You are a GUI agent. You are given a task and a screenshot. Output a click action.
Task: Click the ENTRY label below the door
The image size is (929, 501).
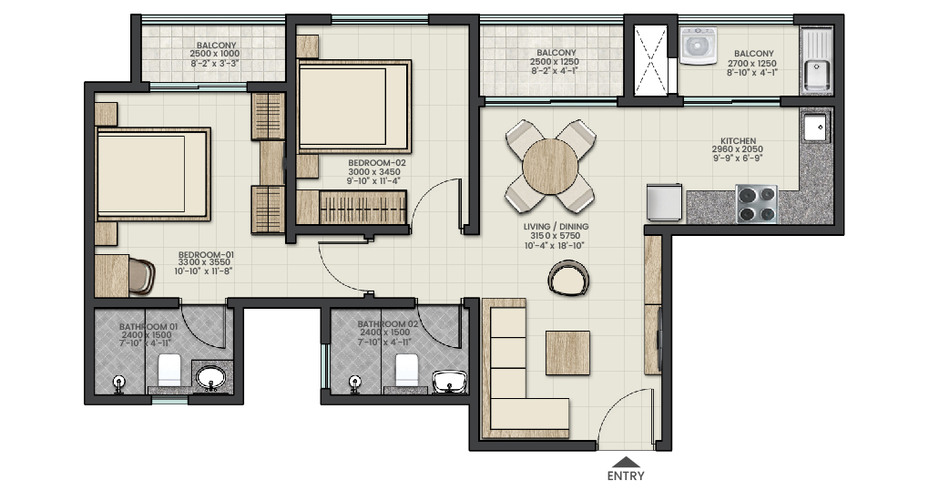(x=626, y=475)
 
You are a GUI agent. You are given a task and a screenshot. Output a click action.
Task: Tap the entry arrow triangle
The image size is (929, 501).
(x=626, y=463)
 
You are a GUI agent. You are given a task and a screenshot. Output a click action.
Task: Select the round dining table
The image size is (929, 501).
(x=550, y=167)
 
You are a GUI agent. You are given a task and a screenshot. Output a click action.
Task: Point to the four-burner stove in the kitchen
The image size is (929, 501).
(x=756, y=204)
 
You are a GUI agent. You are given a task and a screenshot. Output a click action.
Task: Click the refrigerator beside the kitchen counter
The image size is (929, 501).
(x=664, y=202)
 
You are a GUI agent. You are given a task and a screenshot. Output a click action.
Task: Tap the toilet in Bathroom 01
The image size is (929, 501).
(x=169, y=371)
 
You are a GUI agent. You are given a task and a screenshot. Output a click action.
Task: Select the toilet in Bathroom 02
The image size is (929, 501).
(x=406, y=370)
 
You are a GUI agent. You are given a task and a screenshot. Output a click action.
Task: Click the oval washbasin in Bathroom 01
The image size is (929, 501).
(x=211, y=377)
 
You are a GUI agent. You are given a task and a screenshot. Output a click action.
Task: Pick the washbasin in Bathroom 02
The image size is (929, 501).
(x=450, y=382)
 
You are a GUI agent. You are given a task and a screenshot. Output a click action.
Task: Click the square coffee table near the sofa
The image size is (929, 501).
(x=567, y=353)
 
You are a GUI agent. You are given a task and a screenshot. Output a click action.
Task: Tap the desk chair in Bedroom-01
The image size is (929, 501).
(x=141, y=276)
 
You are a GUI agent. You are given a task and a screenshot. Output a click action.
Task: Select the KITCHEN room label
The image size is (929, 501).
(x=739, y=141)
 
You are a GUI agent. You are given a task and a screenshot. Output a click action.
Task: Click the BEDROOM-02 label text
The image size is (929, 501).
(x=377, y=162)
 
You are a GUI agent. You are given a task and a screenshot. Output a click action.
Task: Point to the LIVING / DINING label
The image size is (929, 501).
(x=556, y=227)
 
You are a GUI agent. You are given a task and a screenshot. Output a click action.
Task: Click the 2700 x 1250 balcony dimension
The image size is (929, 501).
(x=751, y=64)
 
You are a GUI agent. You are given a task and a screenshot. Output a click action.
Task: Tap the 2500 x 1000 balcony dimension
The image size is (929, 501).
(x=214, y=54)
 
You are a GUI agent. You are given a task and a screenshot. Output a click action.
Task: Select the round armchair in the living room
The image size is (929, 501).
(x=568, y=279)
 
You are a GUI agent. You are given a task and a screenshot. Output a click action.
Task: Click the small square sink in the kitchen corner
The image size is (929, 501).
(x=814, y=128)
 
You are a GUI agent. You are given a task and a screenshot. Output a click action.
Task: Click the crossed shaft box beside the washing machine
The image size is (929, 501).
(x=650, y=60)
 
